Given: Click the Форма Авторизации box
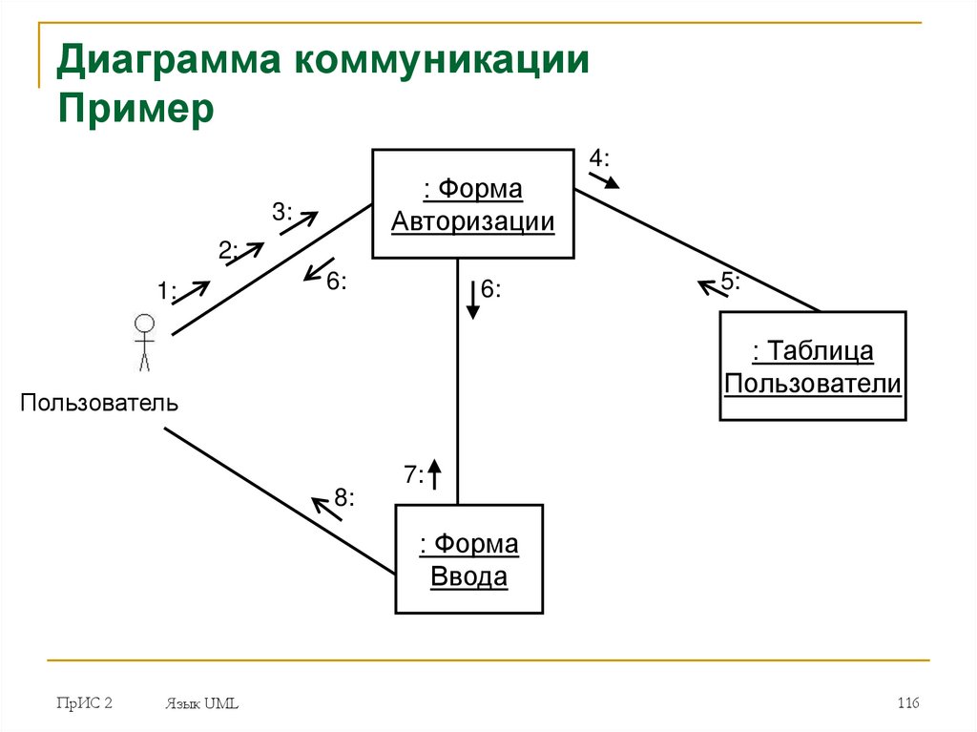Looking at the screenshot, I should [473, 204].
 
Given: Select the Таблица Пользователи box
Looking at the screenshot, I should [813, 366].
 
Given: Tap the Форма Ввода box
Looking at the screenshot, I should [469, 559].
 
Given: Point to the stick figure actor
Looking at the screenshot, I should [144, 341].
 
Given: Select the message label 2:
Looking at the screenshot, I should [227, 250].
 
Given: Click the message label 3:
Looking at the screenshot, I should [282, 212].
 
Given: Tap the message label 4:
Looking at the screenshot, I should [598, 157].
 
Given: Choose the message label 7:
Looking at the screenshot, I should [413, 474].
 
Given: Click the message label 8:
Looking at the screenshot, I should [344, 497].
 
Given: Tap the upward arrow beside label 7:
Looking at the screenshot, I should [434, 473].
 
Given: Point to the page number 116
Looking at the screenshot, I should [906, 703].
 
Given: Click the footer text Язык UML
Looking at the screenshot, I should [201, 704].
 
